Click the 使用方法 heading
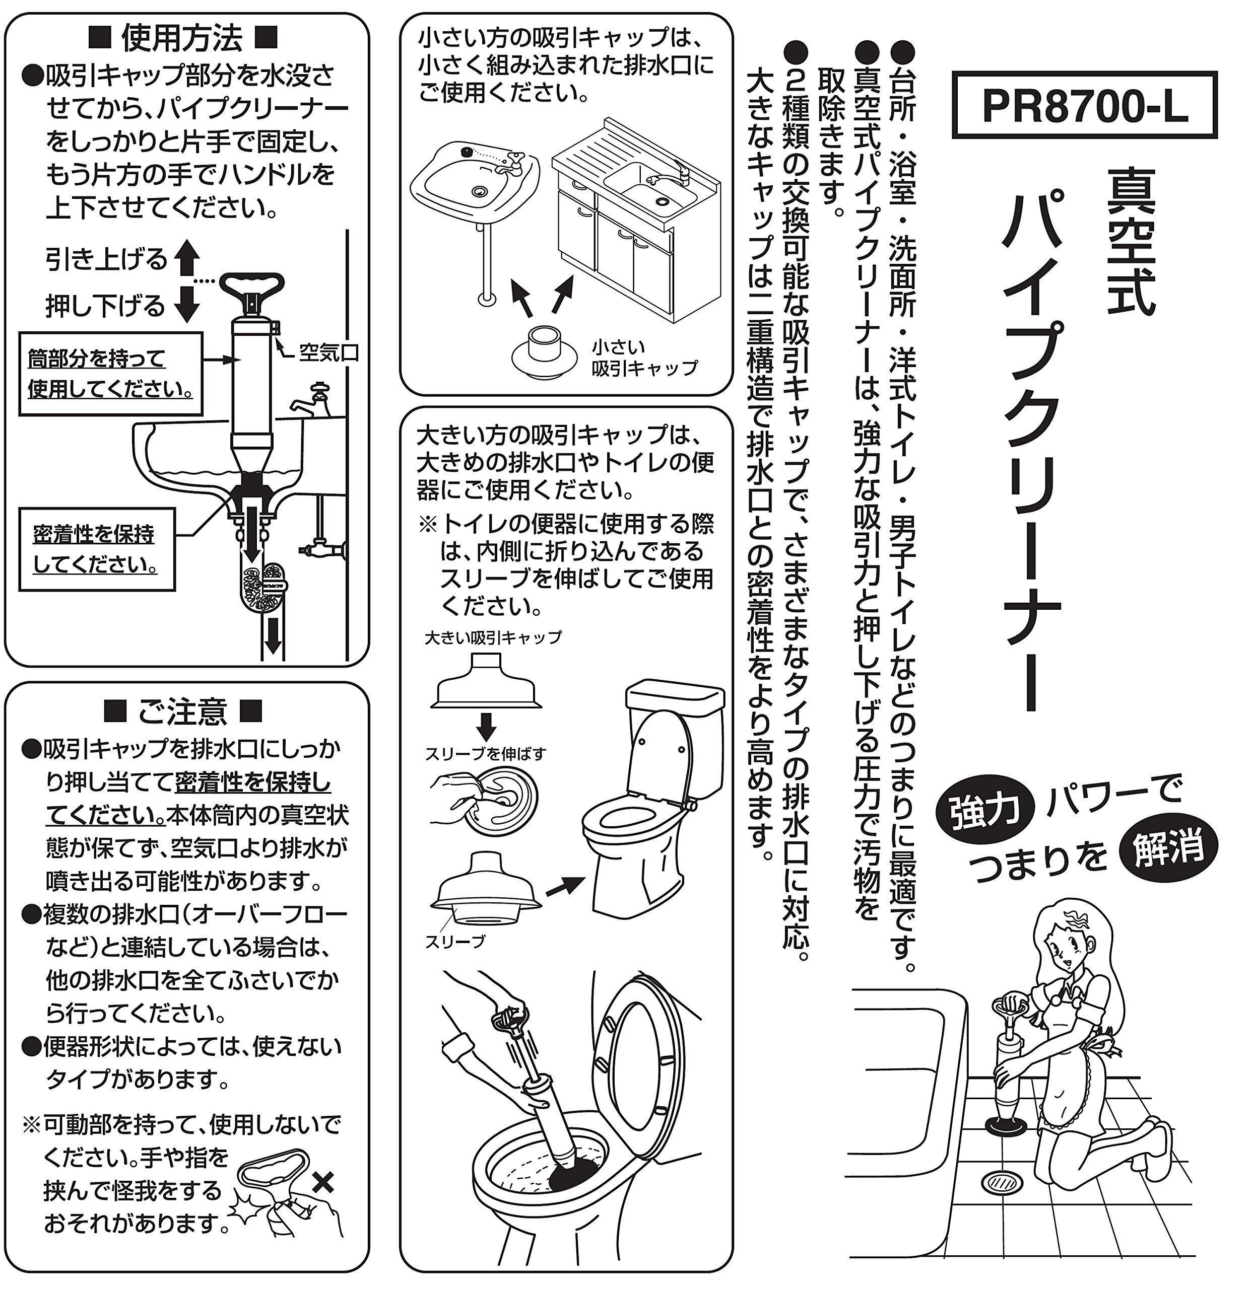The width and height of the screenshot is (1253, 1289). [x=182, y=38]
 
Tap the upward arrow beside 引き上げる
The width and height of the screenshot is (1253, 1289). [x=187, y=258]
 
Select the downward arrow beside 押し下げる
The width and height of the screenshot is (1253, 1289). [x=187, y=304]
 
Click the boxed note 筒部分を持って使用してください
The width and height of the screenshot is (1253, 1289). [x=110, y=374]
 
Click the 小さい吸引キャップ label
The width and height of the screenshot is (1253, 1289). [x=643, y=358]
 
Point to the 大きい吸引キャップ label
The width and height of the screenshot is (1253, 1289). [x=493, y=637]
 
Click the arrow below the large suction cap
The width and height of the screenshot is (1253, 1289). [x=486, y=726]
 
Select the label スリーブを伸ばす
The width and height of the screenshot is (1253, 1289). [x=485, y=754]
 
